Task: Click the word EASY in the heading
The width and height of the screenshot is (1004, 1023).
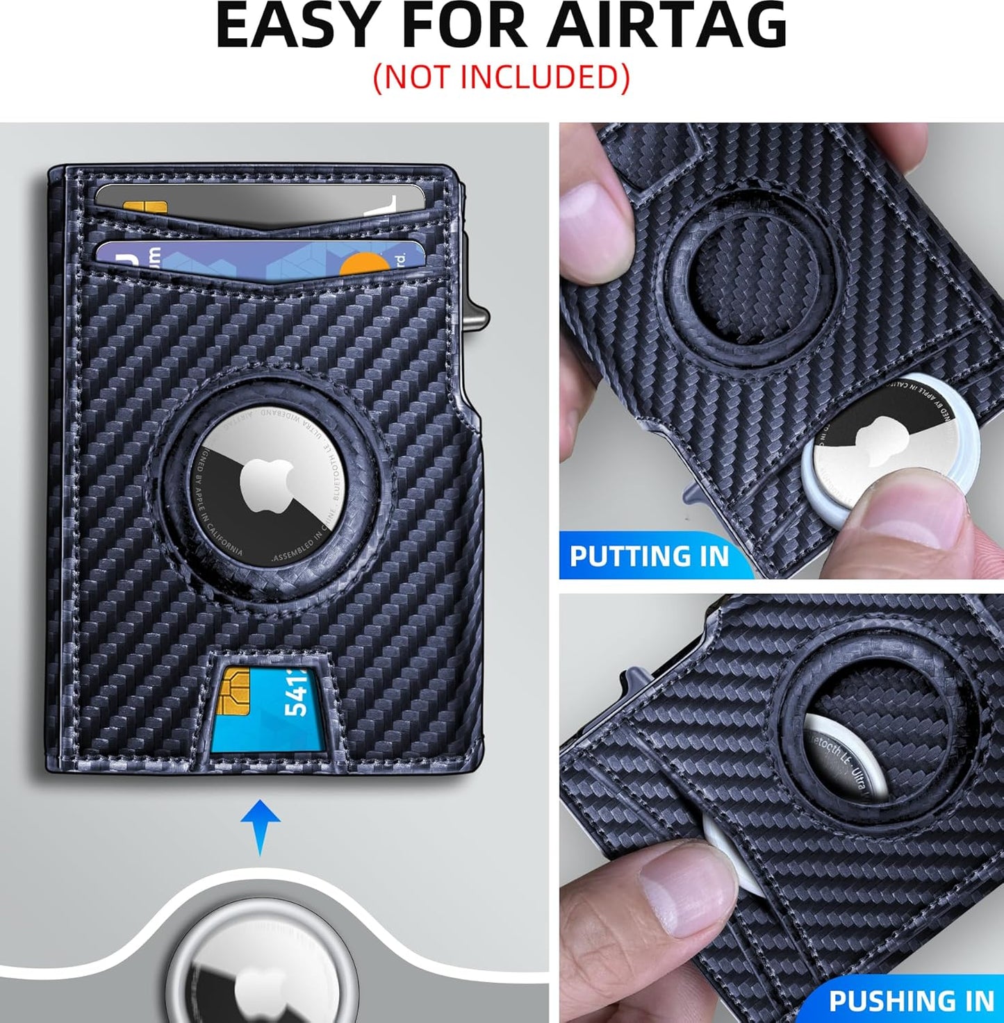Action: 306,26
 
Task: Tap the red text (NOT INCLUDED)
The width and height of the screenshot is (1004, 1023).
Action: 501,77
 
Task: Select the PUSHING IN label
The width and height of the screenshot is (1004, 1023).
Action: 911,1001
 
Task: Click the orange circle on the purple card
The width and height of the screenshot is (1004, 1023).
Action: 365,263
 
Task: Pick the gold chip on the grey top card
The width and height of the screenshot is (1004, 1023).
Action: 145,206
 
